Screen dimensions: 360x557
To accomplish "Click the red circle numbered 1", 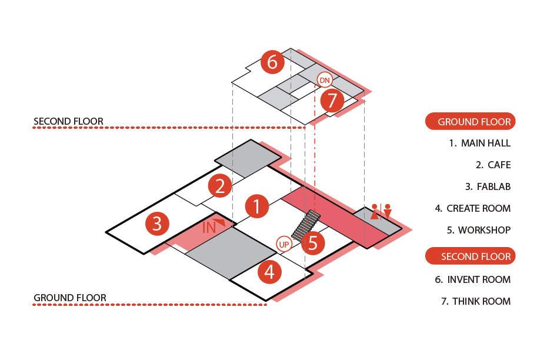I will (256, 206).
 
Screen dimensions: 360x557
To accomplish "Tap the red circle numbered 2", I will (219, 186).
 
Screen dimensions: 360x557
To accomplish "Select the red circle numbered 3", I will (157, 224).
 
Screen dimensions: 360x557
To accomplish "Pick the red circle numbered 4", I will (269, 272).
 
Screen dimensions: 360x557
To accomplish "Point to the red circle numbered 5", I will (313, 242).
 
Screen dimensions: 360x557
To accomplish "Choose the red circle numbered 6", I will (272, 62).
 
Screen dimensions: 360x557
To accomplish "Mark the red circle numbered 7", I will (332, 101).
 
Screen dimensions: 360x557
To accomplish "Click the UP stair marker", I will (284, 244).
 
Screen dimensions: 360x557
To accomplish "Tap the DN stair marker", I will (325, 80).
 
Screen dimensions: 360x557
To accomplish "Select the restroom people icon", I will (381, 211).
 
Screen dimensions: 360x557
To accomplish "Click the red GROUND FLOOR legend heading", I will (470, 122).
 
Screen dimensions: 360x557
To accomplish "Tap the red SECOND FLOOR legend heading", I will (470, 256).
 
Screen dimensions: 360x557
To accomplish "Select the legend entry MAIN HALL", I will (479, 143).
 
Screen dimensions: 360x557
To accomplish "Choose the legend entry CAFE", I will (493, 165).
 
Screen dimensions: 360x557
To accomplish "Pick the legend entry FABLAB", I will (488, 186).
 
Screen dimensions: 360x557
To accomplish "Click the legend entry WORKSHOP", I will (478, 230).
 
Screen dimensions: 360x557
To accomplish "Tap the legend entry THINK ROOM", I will (475, 301).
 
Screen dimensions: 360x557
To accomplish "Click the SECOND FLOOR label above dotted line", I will (68, 122).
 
